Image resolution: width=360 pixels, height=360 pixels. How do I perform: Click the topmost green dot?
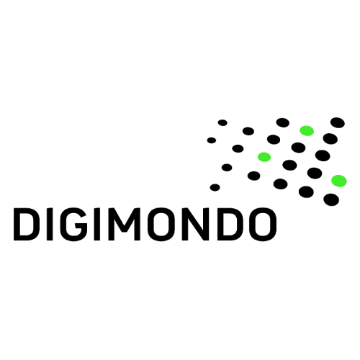307,130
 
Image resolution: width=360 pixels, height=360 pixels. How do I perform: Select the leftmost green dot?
264,157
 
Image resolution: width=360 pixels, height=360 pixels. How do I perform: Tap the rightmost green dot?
339,181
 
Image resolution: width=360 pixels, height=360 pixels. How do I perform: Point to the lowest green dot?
339,181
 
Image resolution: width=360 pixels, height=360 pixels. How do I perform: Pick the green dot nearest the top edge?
307,130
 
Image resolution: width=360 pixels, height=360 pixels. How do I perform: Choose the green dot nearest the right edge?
339,181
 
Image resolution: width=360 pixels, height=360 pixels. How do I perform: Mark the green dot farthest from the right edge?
264,157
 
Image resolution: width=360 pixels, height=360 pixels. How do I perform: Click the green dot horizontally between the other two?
307,130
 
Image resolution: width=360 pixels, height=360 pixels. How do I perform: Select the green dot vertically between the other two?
264,157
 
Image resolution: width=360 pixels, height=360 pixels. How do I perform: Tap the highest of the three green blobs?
307,130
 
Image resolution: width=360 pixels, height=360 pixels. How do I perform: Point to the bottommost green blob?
339,181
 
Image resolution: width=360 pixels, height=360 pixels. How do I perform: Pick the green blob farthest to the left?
264,157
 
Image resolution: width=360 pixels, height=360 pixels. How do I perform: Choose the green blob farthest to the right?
339,181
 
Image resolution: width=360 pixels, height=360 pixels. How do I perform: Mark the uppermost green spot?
307,130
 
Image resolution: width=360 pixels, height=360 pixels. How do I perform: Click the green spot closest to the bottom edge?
339,181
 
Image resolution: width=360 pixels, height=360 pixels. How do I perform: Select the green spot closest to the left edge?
264,157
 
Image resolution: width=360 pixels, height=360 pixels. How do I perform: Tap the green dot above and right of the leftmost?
307,130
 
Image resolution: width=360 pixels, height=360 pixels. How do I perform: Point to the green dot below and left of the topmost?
264,157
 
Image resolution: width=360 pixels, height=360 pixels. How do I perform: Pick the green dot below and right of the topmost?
339,181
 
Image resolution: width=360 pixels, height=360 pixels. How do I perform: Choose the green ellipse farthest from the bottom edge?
307,130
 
